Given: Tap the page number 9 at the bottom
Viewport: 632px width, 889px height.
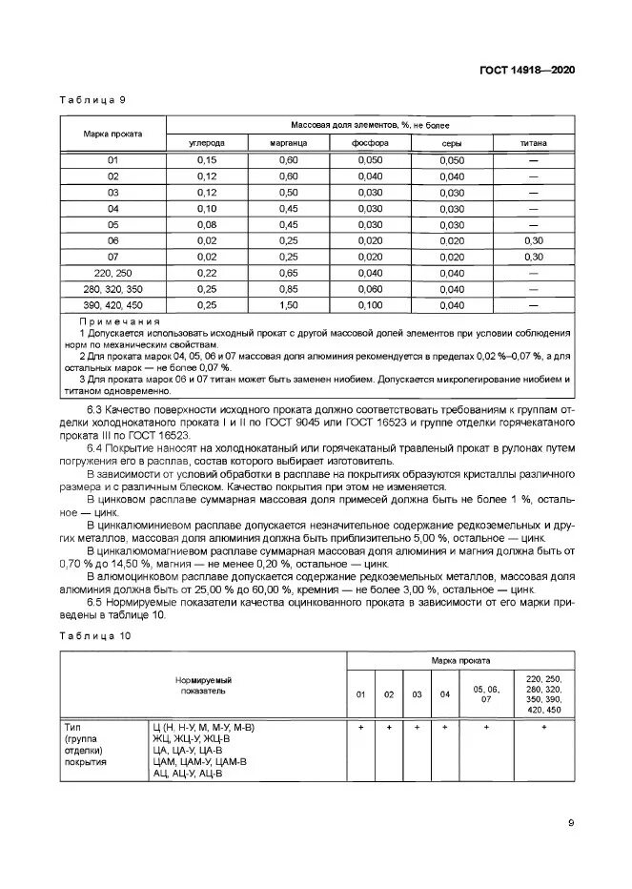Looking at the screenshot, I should [x=570, y=823].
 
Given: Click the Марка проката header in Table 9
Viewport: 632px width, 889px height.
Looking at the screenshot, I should [x=112, y=134].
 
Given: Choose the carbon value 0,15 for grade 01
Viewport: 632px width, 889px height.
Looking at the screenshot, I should [x=206, y=160].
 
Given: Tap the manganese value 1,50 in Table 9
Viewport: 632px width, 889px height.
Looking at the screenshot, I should [x=288, y=305].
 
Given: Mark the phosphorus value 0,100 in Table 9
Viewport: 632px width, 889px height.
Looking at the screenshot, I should [x=370, y=305].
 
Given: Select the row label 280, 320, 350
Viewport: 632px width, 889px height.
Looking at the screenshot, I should [x=112, y=289].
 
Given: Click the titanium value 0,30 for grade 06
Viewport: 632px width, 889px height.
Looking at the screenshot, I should [x=533, y=241].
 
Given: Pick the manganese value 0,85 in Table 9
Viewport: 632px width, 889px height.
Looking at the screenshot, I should [x=288, y=289].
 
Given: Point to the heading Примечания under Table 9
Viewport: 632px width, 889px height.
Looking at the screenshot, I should [x=120, y=321].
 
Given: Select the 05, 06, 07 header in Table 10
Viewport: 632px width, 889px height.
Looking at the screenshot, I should [x=485, y=693].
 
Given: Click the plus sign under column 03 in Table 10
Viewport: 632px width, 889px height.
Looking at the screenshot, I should [x=417, y=727].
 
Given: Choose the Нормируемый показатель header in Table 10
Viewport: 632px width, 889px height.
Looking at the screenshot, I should [x=203, y=683].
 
